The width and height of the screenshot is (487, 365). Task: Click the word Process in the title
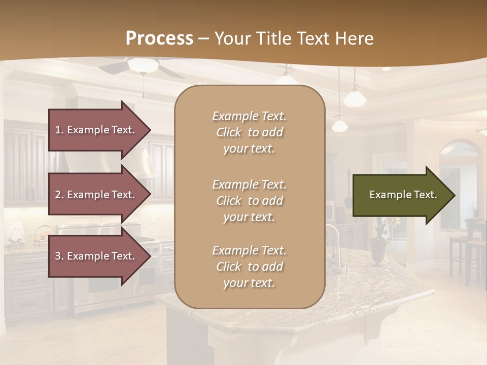coord(159,39)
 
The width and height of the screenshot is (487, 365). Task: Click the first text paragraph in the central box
coord(249,132)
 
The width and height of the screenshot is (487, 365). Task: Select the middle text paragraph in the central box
coord(249,201)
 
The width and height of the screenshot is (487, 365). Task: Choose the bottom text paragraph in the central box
coord(249,267)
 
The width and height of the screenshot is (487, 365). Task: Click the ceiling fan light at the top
coord(143,65)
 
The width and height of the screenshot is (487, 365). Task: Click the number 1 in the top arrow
coord(58,130)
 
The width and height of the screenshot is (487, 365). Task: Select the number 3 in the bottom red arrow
coord(58,256)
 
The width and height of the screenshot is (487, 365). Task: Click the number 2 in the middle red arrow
coord(58,195)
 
